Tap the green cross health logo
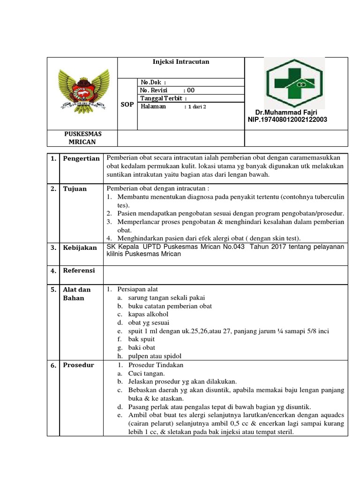[293, 82]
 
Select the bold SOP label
[127, 104]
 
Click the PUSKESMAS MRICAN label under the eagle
[82, 138]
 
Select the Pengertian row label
[81, 158]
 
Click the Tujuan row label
[75, 189]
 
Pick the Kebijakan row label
[80, 247]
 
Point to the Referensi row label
[79, 270]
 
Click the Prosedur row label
[78, 365]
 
